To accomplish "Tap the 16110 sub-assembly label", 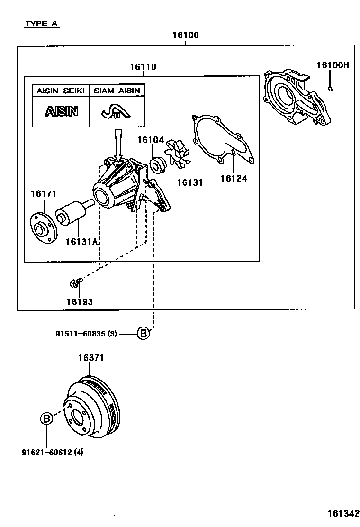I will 143,67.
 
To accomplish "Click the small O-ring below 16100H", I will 331,88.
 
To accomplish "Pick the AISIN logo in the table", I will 61,111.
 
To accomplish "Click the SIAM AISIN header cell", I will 117,91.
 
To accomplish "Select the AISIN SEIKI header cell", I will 61,91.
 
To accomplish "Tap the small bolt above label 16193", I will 75,283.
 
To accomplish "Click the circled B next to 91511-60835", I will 144,334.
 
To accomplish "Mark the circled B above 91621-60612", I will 46,418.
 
